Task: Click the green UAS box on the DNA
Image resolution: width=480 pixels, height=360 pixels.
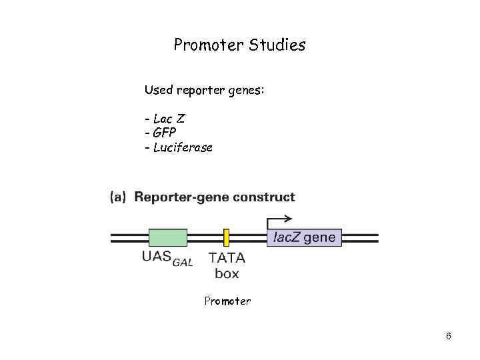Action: pyautogui.click(x=167, y=237)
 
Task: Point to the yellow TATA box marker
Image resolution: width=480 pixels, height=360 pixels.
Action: pyautogui.click(x=227, y=237)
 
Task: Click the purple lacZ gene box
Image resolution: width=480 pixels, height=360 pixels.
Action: pyautogui.click(x=304, y=237)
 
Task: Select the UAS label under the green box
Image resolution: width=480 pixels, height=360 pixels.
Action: pyautogui.click(x=156, y=257)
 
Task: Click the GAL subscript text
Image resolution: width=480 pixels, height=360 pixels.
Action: pyautogui.click(x=183, y=262)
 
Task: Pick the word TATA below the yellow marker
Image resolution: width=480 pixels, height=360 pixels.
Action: pyautogui.click(x=227, y=257)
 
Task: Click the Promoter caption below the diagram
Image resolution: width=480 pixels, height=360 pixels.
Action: pyautogui.click(x=227, y=301)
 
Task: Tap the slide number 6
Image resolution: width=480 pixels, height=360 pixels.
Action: pyautogui.click(x=448, y=336)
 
